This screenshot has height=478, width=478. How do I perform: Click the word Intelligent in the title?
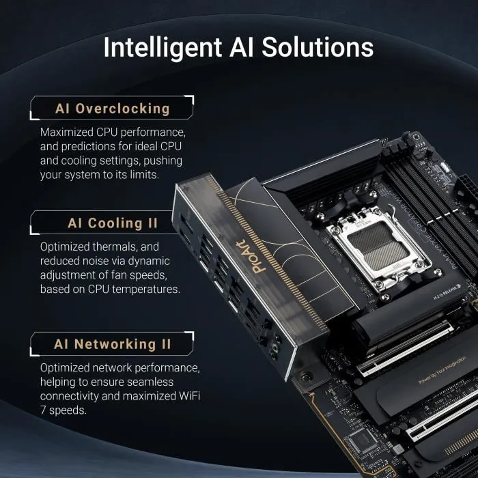click(x=162, y=48)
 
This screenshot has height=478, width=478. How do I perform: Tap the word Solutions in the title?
click(x=319, y=48)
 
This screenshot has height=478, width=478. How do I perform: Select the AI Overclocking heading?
click(x=113, y=109)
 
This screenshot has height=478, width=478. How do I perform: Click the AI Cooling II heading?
click(x=113, y=223)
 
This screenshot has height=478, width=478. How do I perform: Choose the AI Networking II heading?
click(x=113, y=344)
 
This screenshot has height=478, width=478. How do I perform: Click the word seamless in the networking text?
click(x=150, y=382)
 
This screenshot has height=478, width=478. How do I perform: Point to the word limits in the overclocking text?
click(x=141, y=175)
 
